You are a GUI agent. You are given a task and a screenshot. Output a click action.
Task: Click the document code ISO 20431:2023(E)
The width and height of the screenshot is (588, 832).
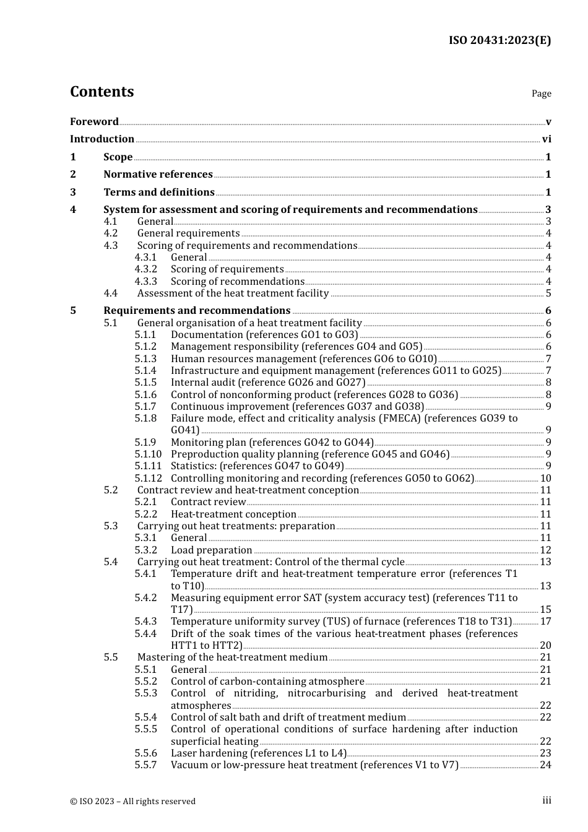tap(499, 40)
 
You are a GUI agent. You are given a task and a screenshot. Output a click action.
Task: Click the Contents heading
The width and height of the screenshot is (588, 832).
tap(102, 92)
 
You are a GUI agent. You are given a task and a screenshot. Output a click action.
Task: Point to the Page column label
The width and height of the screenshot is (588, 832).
tap(541, 93)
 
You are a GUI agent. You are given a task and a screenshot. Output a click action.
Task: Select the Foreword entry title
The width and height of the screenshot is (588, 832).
tap(94, 121)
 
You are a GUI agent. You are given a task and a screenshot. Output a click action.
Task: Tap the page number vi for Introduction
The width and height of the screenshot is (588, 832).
tap(546, 139)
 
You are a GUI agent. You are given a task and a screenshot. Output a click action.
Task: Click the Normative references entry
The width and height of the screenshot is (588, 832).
tap(158, 175)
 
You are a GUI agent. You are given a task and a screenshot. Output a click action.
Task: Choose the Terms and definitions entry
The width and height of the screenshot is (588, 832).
tap(159, 193)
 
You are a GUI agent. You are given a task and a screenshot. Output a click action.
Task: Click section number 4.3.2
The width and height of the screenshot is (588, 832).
tap(146, 269)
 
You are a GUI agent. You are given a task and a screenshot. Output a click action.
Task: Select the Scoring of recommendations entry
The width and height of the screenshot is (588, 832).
tap(237, 282)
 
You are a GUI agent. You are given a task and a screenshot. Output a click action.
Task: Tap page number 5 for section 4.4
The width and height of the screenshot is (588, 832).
tap(548, 293)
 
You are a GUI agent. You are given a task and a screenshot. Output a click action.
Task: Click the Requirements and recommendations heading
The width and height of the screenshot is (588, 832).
tap(197, 311)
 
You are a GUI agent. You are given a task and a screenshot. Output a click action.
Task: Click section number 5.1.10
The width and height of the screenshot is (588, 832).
tap(148, 454)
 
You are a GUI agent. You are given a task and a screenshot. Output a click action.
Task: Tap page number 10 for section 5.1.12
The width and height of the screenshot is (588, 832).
tap(545, 479)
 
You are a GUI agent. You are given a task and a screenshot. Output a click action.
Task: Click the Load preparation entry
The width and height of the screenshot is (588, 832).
tap(211, 550)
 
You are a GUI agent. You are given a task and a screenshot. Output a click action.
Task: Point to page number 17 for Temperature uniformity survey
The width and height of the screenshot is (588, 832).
tap(545, 622)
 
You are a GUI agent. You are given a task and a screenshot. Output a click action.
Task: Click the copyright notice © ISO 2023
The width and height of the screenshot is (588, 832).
tap(132, 801)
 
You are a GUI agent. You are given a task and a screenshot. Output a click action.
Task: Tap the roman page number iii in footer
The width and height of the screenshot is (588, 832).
tap(547, 800)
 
